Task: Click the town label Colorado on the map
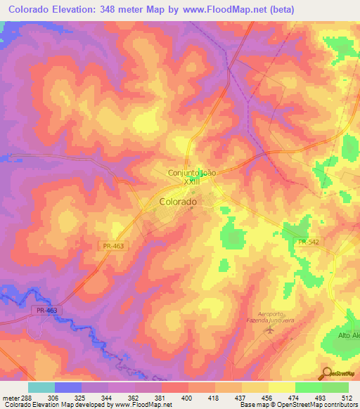click(x=178, y=201)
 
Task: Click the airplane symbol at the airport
click(x=268, y=330)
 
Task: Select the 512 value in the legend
click(x=345, y=396)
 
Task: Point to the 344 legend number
click(x=109, y=396)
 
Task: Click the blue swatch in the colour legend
click(x=67, y=387)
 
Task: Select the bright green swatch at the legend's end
click(x=335, y=387)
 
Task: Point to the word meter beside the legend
click(x=11, y=396)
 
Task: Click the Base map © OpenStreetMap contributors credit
click(x=298, y=405)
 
